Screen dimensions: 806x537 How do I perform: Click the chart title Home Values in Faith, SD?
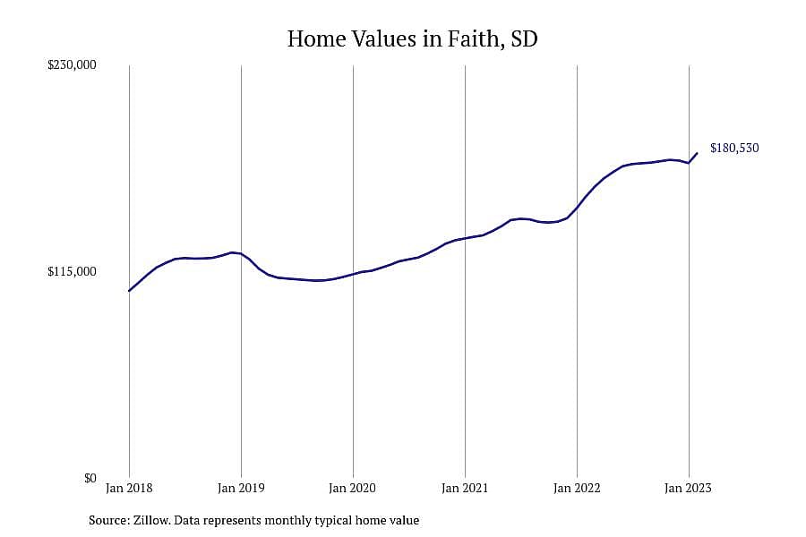[x=412, y=39]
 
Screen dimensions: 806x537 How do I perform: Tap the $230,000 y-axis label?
[x=72, y=64]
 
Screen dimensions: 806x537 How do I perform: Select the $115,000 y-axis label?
[x=72, y=271]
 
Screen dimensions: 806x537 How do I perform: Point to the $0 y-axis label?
[x=90, y=479]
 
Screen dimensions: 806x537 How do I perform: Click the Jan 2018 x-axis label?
[x=129, y=488]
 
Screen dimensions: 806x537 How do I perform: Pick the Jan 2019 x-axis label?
[x=241, y=488]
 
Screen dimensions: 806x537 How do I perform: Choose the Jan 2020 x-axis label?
[x=353, y=488]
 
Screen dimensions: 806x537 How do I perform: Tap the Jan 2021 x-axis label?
[x=465, y=488]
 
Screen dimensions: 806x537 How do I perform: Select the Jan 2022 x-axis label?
[x=577, y=488]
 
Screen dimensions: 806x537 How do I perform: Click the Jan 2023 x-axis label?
[x=689, y=488]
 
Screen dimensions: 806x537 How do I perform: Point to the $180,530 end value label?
[x=734, y=148]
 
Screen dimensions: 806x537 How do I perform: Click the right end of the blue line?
[x=697, y=153]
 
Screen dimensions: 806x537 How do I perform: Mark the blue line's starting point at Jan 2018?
[x=129, y=291]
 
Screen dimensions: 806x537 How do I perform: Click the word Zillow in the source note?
[x=151, y=520]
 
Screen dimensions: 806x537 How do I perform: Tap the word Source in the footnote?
[x=109, y=520]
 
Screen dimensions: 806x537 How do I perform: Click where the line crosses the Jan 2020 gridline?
[x=353, y=275]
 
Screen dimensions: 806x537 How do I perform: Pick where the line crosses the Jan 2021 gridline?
[x=465, y=238]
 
